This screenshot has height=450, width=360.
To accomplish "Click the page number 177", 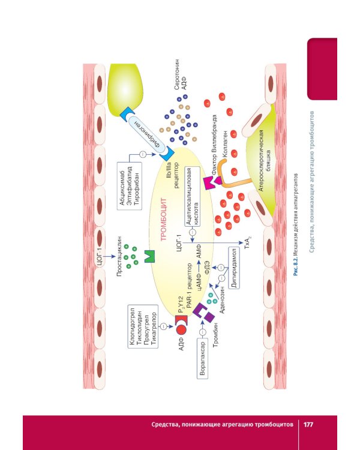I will click(x=308, y=425).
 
